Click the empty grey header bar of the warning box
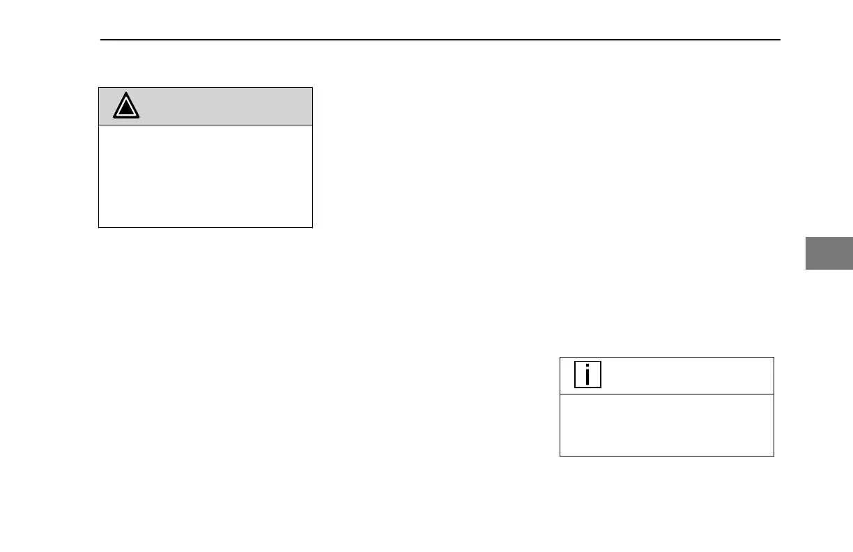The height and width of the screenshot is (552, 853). tap(223, 106)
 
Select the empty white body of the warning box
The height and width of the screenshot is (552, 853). tap(206, 176)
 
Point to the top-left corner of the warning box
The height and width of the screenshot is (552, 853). tap(99, 88)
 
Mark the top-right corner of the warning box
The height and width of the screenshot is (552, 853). tap(312, 88)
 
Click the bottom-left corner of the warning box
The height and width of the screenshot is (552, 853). tap(99, 227)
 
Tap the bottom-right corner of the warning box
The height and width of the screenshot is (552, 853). tap(312, 227)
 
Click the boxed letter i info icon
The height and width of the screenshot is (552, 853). tap(587, 375)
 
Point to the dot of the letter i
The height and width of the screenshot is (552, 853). tap(587, 367)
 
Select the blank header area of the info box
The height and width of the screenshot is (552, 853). tap(683, 376)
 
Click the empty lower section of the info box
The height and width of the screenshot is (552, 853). tap(667, 425)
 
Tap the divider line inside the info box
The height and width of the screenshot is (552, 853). tap(667, 394)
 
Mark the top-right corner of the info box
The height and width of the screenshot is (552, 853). tap(774, 358)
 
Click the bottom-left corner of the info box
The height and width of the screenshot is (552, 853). tap(560, 456)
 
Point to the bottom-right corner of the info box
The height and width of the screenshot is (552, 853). tap(774, 456)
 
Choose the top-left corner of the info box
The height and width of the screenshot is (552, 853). tap(560, 358)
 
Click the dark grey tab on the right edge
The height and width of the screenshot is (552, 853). tap(829, 253)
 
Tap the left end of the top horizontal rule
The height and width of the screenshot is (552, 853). tap(101, 40)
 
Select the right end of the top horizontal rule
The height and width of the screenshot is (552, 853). tap(779, 40)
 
